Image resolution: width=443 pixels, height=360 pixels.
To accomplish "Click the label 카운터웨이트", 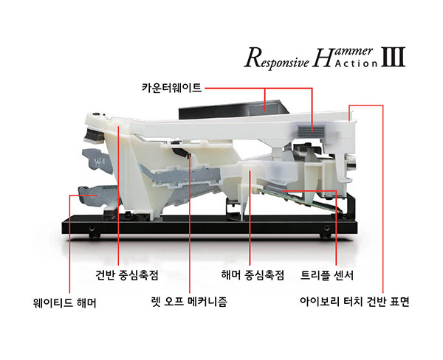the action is click(x=171, y=88).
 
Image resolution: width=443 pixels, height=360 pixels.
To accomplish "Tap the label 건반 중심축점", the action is click(x=127, y=274).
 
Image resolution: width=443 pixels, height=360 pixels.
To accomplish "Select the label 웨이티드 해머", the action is click(x=65, y=303).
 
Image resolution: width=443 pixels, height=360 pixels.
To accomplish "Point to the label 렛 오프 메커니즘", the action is click(x=190, y=302).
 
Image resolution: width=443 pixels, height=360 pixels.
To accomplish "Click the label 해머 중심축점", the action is click(x=253, y=274).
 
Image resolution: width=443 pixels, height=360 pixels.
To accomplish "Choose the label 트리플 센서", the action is click(x=327, y=274).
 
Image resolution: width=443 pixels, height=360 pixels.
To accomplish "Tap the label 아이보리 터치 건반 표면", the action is click(x=354, y=302).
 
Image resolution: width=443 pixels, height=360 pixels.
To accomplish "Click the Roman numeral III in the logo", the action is click(x=394, y=57).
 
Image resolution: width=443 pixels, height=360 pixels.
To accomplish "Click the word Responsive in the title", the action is click(x=277, y=58).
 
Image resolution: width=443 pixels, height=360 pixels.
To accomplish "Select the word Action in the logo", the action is click(x=356, y=63).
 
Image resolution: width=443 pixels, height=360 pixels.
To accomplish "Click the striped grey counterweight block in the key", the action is click(x=311, y=131).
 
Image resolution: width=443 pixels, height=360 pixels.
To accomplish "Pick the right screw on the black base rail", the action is click(x=326, y=228).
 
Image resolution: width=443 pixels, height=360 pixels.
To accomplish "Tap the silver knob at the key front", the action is click(x=352, y=163).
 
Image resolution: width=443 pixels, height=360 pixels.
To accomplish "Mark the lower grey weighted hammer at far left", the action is click(x=97, y=196).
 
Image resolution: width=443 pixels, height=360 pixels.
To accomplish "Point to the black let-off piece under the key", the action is click(x=181, y=152).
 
